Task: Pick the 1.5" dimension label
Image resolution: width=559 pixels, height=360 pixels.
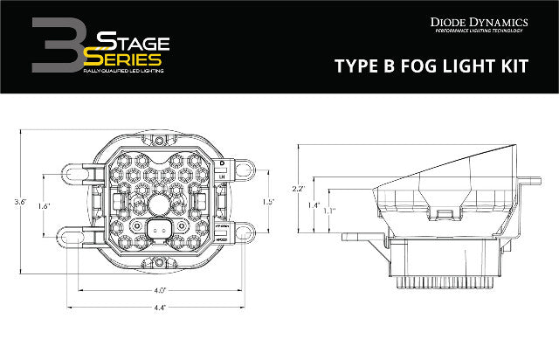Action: [267, 202]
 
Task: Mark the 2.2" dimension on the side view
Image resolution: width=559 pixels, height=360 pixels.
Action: [298, 189]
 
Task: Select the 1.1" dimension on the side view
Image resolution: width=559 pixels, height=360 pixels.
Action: [328, 211]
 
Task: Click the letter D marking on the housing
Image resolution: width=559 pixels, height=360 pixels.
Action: [222, 163]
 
